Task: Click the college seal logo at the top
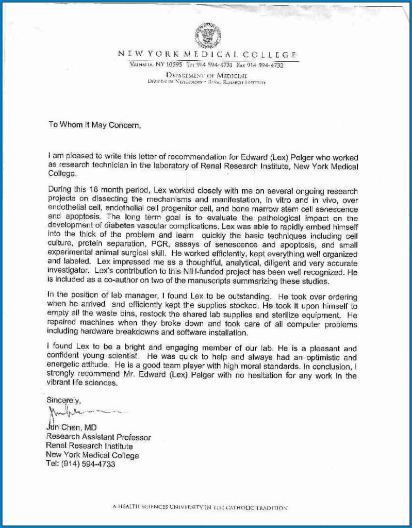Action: tap(208, 35)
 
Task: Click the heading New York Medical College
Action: tap(207, 54)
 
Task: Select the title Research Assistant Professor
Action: tap(98, 437)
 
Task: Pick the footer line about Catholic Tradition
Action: tap(200, 507)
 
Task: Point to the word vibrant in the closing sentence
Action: tap(59, 383)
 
